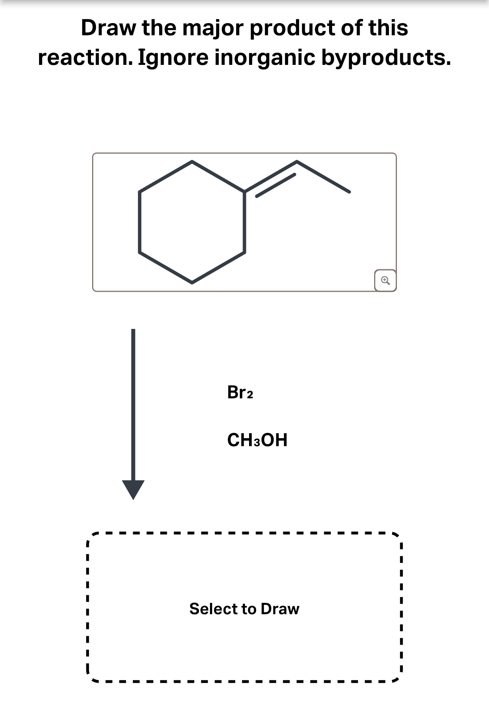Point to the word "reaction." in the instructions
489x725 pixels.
[85, 58]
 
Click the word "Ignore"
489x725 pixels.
[173, 58]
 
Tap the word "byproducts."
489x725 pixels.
[386, 58]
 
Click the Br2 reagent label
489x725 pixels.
[240, 392]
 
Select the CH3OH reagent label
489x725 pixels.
[257, 440]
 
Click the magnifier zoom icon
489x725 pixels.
[385, 281]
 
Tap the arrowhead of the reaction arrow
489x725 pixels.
[133, 489]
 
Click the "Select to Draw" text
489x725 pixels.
[244, 609]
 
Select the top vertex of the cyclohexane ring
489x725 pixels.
[192, 162]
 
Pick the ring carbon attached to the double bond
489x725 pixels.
[244, 192]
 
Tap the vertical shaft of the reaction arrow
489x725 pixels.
[133, 402]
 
